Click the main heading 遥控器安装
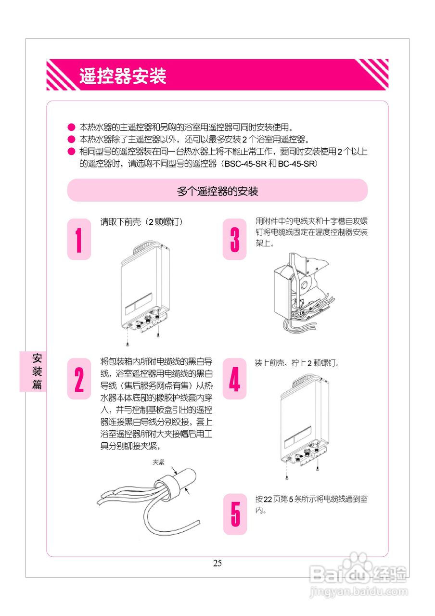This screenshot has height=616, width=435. click(123, 76)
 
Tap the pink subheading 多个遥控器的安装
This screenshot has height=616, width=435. click(217, 191)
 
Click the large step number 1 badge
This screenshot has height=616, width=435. click(79, 239)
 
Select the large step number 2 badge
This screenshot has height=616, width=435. click(79, 379)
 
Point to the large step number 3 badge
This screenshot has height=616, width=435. click(234, 239)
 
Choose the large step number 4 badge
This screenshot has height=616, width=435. click(234, 379)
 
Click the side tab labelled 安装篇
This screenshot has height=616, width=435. click(37, 372)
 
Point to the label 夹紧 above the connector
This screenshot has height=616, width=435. click(159, 462)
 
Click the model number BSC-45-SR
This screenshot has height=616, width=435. click(245, 164)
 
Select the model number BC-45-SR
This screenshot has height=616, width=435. click(296, 164)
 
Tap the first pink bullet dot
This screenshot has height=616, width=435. click(71, 127)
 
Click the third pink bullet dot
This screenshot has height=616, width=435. click(71, 151)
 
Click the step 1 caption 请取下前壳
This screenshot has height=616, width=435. click(121, 222)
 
